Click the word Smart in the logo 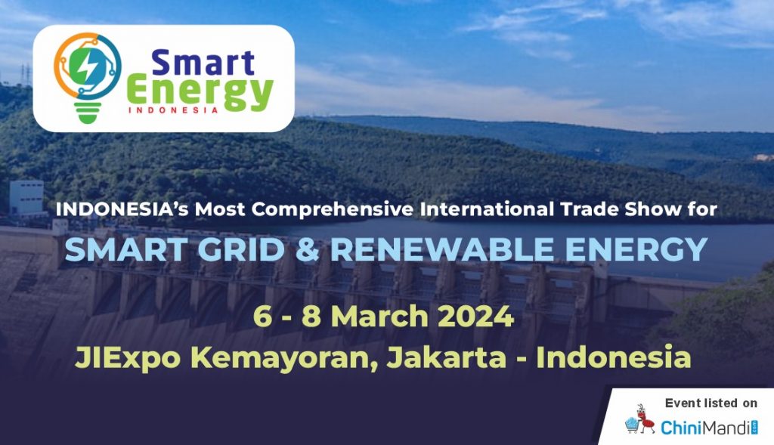(203, 63)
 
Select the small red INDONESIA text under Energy (173, 110)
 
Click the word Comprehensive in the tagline (333, 210)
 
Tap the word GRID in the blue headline (241, 249)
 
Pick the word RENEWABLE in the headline (441, 249)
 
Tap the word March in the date (379, 317)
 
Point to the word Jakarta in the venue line (446, 357)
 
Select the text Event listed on (711, 403)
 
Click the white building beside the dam (26, 198)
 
